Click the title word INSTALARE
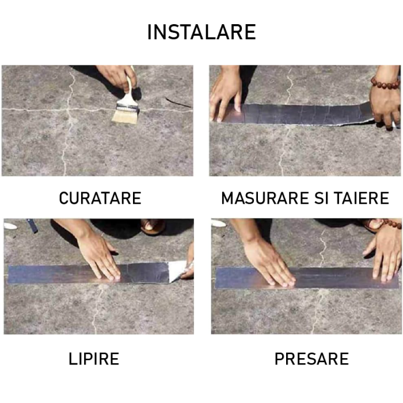[x=201, y=32]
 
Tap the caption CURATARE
[x=100, y=199]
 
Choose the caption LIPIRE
[x=94, y=359]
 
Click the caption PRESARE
[x=311, y=359]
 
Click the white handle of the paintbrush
[x=131, y=92]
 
